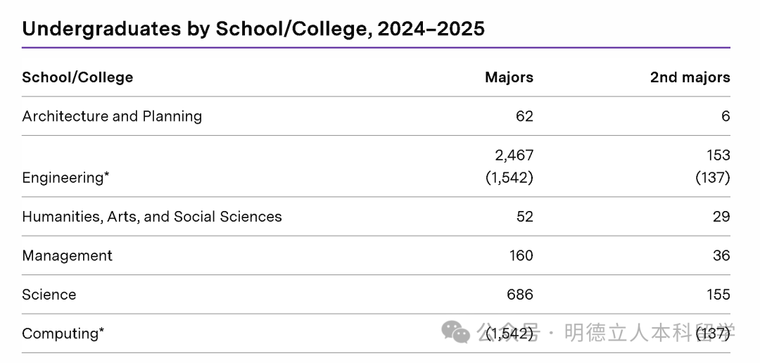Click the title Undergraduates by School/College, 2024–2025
[253, 29]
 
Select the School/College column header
[77, 77]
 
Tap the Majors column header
[509, 77]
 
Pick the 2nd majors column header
[690, 77]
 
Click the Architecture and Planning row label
[112, 116]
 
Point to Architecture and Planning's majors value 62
[524, 116]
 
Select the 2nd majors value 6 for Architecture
[726, 116]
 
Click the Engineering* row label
[65, 177]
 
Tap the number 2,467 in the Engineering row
[514, 155]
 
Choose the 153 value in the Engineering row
[718, 155]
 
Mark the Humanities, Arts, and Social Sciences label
[152, 217]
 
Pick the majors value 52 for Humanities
[524, 217]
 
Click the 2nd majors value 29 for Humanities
[721, 217]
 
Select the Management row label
[67, 255]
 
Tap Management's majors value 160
[521, 255]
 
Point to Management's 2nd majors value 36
[721, 255]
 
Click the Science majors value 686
[520, 295]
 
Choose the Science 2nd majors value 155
[718, 295]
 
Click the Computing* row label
[63, 333]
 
